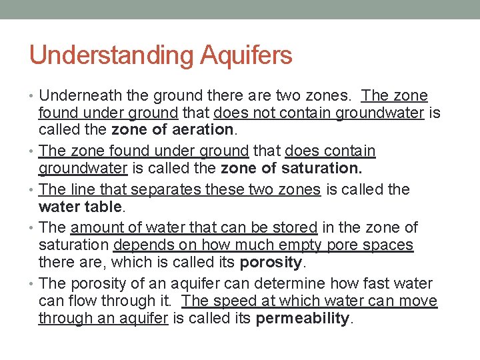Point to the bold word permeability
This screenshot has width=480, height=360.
point(303,319)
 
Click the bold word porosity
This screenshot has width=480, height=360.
point(271,262)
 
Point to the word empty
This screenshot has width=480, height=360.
point(305,245)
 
